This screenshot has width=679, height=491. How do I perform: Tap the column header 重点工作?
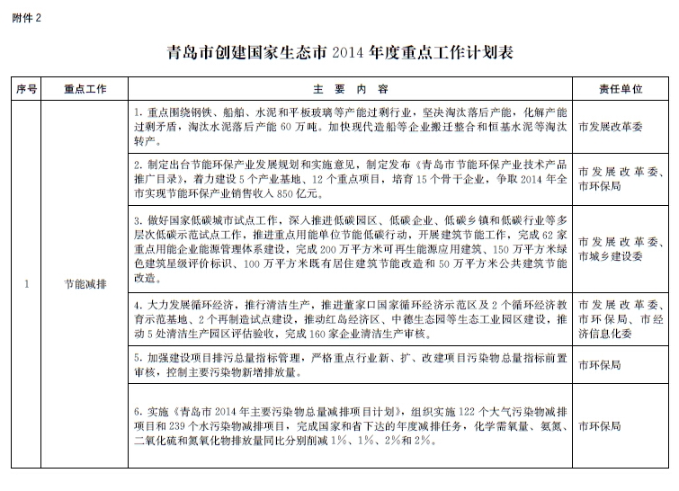pos(86,90)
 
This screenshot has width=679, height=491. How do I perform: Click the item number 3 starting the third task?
pos(136,219)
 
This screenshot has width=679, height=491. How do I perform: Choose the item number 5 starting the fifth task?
pos(136,357)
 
